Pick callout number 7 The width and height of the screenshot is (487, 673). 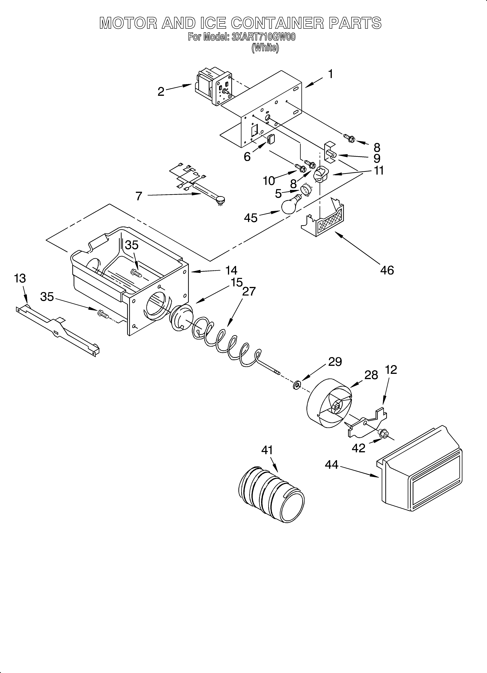(x=139, y=196)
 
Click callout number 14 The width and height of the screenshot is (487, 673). (x=231, y=270)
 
